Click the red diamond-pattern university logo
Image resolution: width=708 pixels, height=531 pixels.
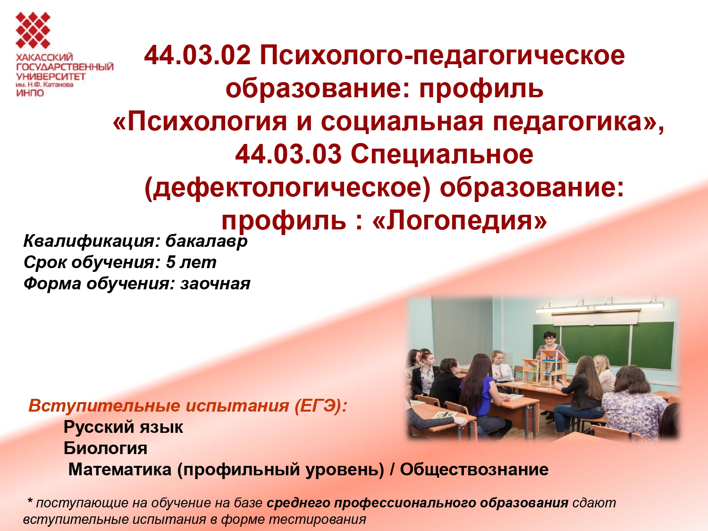33,30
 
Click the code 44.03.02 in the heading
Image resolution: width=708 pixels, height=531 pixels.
197,56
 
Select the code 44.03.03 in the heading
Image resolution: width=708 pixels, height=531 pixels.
288,154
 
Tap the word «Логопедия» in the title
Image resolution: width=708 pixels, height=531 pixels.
460,220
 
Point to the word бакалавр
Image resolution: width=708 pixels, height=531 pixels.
206,241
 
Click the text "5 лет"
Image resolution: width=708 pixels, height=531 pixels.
191,262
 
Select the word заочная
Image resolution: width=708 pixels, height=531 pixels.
215,284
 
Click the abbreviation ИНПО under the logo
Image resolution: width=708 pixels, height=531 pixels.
30,93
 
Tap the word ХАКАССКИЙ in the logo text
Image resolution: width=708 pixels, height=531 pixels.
44,58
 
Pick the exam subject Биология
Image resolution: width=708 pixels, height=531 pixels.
105,448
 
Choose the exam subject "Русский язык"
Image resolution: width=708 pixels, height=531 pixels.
123,427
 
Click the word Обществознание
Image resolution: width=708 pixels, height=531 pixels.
474,470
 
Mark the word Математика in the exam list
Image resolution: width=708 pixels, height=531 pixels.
120,470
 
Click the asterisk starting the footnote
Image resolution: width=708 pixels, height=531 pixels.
30,502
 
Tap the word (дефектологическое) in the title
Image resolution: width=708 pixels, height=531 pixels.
287,188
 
